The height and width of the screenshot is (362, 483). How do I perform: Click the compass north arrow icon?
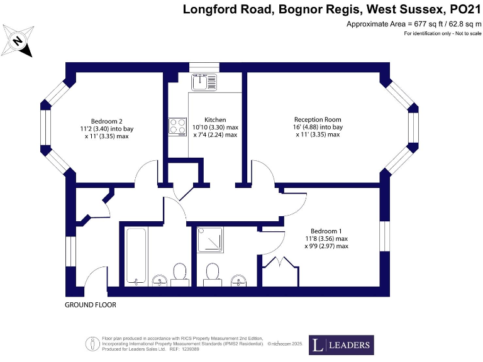pos(18,41)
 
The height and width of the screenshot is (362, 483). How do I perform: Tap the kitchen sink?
pos(204,82)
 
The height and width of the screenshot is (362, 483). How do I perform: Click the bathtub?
pos(136,256)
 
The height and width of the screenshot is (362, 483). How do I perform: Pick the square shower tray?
pos(209,239)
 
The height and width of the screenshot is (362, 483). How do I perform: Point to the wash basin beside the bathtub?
pos(160,279)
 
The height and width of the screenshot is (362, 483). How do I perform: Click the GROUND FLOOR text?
pos(91,305)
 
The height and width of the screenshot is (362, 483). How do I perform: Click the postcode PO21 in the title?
pos(462,9)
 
